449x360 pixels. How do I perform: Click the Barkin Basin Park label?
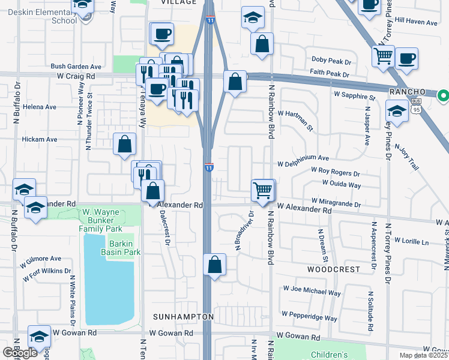point(124,248)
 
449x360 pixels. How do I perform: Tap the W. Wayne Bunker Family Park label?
point(102,220)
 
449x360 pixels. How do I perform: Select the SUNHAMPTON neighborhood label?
point(182,316)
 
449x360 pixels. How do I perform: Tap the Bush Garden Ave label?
point(76,67)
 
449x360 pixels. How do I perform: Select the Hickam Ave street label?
point(40,139)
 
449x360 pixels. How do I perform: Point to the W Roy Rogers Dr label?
point(335,173)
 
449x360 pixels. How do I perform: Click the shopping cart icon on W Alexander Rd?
point(262,190)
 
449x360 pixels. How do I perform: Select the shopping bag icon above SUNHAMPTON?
point(215,265)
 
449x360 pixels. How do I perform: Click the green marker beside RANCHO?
point(443,95)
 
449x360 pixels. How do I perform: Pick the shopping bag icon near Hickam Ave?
point(125,143)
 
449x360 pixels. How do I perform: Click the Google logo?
point(20,353)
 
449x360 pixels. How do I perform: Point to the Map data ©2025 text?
point(423,355)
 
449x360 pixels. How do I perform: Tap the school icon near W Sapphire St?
point(397,111)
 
